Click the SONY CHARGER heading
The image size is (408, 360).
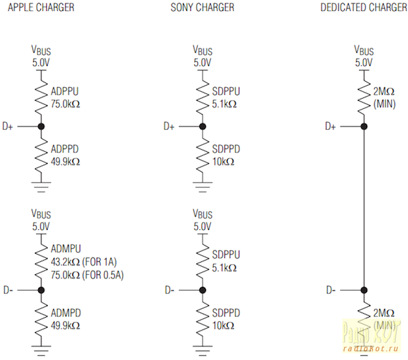click(203, 7)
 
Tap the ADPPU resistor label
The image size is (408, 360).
click(64, 91)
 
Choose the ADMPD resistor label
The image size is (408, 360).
click(65, 312)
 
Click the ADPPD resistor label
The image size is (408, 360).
click(64, 150)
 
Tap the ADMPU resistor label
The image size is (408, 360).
click(65, 248)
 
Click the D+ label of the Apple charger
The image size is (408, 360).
click(8, 127)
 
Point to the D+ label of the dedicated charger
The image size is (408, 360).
click(330, 127)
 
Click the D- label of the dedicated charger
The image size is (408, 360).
click(331, 291)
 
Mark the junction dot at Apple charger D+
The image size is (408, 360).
click(41, 127)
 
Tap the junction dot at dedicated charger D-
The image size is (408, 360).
click(364, 291)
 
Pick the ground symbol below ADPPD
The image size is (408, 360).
click(41, 181)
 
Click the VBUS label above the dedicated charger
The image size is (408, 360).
click(364, 51)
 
